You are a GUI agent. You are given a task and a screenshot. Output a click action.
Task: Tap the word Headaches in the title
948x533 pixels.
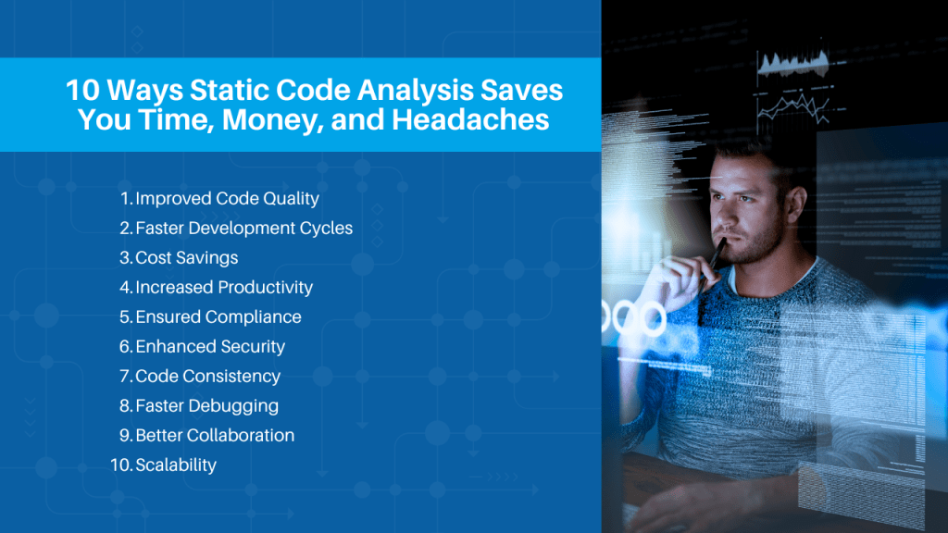(x=470, y=119)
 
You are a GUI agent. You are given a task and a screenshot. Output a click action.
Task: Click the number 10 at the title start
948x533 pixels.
(x=82, y=90)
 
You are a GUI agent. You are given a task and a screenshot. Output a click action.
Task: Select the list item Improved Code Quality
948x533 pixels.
(x=228, y=198)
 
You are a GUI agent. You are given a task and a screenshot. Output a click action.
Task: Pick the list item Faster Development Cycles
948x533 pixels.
(x=243, y=228)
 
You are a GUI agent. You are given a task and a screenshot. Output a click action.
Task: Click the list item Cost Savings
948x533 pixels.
(x=187, y=257)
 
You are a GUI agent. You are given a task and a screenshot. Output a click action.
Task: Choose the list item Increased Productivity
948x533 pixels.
(x=224, y=287)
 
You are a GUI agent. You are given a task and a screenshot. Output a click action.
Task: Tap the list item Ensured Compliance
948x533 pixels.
(x=218, y=316)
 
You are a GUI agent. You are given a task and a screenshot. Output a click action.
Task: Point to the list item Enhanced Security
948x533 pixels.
(x=210, y=346)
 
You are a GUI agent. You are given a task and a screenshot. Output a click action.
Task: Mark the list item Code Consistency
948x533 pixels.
(x=208, y=376)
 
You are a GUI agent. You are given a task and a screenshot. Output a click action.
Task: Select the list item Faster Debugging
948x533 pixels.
(x=206, y=405)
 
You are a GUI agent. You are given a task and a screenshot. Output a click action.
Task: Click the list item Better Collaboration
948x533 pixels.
(x=215, y=435)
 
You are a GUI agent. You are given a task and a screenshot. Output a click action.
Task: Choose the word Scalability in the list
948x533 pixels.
(x=176, y=465)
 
